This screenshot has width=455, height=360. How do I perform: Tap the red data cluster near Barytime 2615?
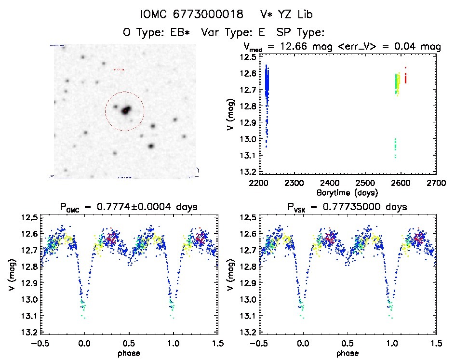coord(405,77)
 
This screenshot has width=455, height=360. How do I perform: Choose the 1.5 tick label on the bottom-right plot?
coord(436,344)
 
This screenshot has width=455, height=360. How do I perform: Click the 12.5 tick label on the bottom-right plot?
coord(247,218)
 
